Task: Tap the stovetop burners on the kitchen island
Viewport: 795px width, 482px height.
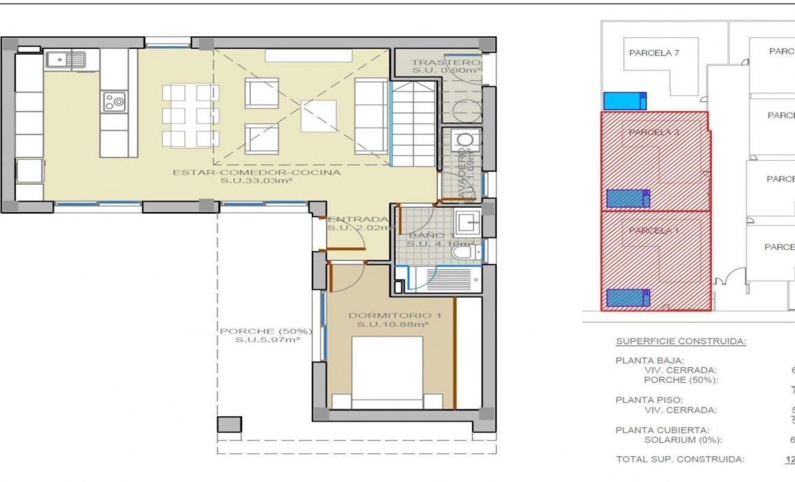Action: point(114,101)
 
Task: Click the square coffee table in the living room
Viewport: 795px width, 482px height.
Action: point(319,116)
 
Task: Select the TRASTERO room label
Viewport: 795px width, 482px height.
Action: point(446,63)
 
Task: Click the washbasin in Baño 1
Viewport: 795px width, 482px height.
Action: point(467,224)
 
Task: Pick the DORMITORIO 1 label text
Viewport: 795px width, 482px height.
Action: point(390,315)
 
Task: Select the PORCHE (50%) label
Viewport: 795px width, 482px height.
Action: point(266,331)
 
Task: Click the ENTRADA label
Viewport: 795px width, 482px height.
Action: point(358,219)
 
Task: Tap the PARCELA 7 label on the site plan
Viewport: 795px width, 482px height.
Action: point(654,52)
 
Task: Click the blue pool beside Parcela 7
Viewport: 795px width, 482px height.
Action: point(625,101)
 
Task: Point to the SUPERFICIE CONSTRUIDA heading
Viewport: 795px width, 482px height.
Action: point(681,342)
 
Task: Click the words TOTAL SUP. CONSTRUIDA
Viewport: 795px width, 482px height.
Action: point(679,459)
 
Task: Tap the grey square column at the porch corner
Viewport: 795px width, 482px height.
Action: point(229,424)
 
